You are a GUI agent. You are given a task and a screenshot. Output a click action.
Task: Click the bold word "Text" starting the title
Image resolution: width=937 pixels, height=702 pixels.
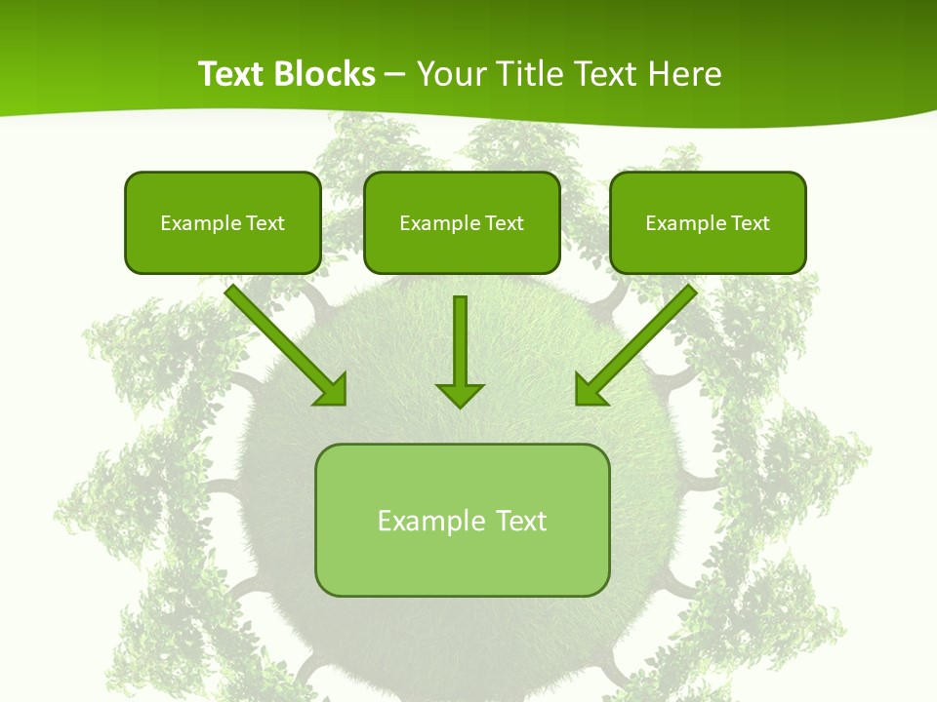coord(230,74)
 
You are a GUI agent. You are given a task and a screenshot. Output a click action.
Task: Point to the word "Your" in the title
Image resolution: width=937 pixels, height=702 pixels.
coord(454,74)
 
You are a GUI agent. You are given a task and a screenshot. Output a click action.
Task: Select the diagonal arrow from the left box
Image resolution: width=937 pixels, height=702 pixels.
coord(278,336)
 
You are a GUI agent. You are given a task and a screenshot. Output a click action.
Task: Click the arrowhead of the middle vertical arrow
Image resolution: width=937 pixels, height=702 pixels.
coord(460,394)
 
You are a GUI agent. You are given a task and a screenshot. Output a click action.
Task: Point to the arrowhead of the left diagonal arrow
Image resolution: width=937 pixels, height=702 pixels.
coord(332,390)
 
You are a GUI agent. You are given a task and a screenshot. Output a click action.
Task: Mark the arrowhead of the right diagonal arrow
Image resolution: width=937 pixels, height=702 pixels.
coord(590,390)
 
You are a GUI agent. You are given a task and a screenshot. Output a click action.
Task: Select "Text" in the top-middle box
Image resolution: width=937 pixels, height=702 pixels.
coord(505,223)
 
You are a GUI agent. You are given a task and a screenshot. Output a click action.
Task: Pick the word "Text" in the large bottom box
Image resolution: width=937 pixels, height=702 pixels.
coord(522,521)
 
